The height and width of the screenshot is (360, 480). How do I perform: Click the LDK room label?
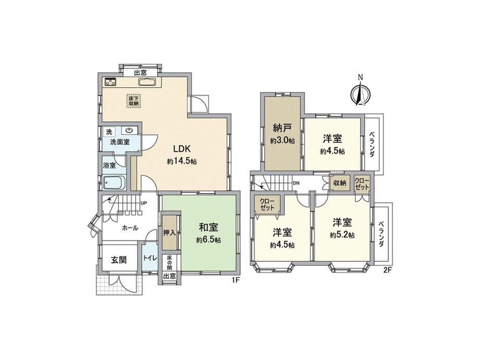pyautogui.click(x=182, y=149)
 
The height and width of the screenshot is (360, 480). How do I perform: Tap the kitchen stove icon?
pyautogui.click(x=110, y=82)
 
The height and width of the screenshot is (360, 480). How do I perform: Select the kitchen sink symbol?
pyautogui.click(x=147, y=82)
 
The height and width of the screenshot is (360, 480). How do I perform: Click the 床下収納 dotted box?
pyautogui.click(x=133, y=100)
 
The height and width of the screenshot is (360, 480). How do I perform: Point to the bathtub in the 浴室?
pyautogui.click(x=114, y=183)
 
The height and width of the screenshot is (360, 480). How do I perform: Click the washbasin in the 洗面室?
pyautogui.click(x=129, y=130)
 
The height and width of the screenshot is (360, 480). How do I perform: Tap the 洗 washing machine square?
pyautogui.click(x=109, y=131)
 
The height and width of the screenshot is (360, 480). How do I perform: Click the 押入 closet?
pyautogui.click(x=169, y=232)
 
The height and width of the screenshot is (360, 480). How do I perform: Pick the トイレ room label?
pyautogui.click(x=150, y=258)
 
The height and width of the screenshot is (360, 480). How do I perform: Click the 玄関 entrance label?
pyautogui.click(x=119, y=260)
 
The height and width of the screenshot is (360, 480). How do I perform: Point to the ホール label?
pyautogui.click(x=130, y=228)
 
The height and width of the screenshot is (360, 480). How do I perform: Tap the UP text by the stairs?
pyautogui.click(x=143, y=203)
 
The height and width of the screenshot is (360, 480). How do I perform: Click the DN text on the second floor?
pyautogui.click(x=296, y=183)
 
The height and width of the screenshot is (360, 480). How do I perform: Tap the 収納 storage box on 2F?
pyautogui.click(x=340, y=183)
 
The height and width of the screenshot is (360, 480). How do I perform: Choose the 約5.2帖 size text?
pyautogui.click(x=342, y=235)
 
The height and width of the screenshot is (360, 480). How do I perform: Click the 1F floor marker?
pyautogui.click(x=235, y=280)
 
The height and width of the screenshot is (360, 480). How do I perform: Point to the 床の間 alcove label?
pyautogui.click(x=169, y=262)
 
